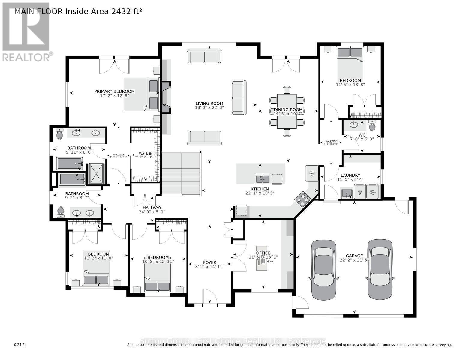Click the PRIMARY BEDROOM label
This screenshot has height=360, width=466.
(x=114, y=91)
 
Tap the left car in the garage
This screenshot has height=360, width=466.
(x=323, y=269)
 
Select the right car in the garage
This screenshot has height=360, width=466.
(x=380, y=269)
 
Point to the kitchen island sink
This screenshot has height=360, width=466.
(x=263, y=179)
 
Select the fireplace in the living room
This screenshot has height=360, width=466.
(x=166, y=97)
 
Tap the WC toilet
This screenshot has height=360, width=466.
(x=372, y=126)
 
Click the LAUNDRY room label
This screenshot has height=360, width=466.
(x=350, y=175)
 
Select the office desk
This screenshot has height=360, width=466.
(x=262, y=260)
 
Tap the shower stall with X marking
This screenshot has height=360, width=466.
(x=96, y=174)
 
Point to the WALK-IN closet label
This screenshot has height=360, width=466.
(x=143, y=154)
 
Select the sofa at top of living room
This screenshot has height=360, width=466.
(x=204, y=56)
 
